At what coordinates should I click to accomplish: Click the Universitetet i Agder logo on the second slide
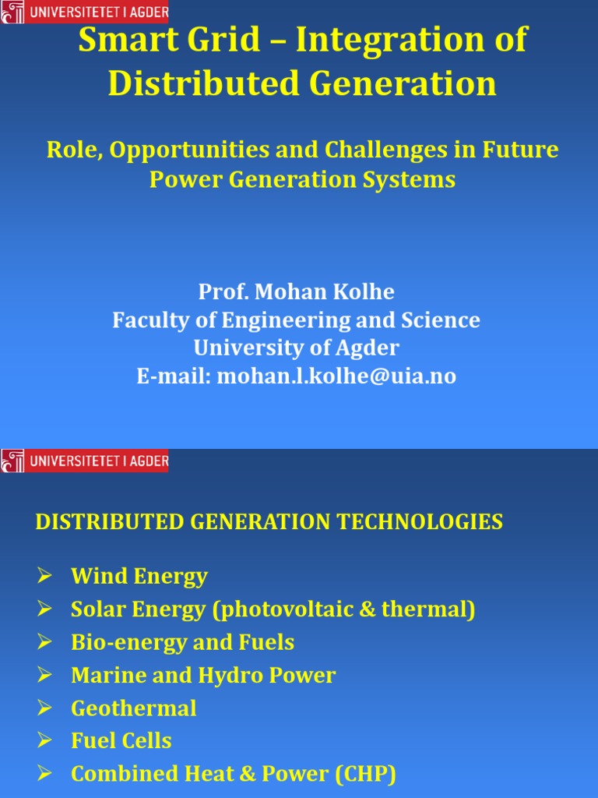coord(84,461)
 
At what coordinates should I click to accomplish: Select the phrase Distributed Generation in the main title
coord(302,83)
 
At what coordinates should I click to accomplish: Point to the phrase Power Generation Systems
coord(302,179)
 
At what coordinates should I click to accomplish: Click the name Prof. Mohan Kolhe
coord(297,292)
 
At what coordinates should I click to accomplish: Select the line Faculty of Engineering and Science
coord(297,320)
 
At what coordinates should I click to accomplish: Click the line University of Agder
coord(297,348)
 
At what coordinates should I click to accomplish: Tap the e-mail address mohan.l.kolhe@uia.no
coord(336,376)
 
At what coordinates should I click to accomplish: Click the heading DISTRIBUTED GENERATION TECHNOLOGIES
coord(269,522)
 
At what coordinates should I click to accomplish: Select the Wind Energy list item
coord(139,577)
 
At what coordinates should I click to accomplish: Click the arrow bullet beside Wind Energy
coord(44,577)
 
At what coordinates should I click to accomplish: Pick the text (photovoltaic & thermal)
coord(343,609)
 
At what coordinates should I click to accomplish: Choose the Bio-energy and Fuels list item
coord(182,642)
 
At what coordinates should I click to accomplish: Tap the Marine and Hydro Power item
coord(203,675)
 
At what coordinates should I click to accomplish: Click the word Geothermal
coord(134,708)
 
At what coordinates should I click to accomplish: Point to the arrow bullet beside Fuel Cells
coord(44,741)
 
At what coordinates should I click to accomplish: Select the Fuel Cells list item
coord(121,741)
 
